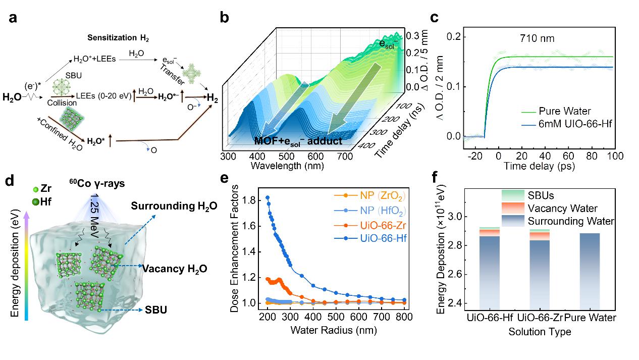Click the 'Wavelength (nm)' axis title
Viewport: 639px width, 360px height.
coord(284,166)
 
